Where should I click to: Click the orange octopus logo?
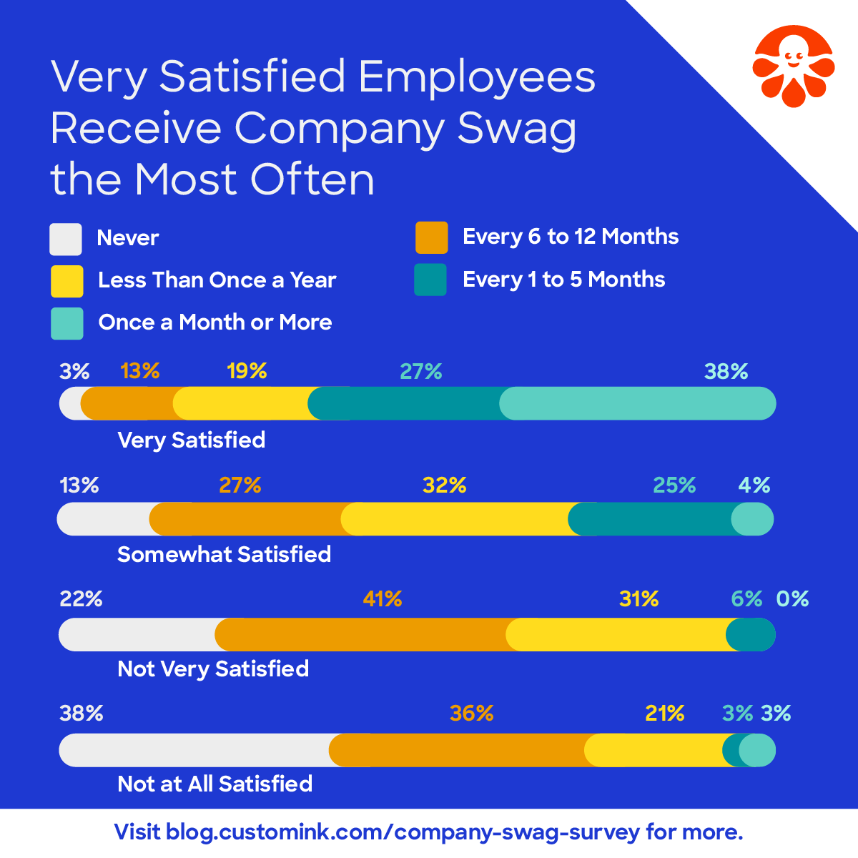tap(792, 66)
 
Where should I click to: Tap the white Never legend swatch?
tap(65, 239)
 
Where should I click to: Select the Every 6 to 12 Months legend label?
tap(571, 237)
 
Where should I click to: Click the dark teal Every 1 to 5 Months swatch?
tap(430, 280)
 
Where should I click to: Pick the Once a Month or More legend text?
tap(215, 322)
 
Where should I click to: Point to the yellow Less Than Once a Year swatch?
tap(66, 281)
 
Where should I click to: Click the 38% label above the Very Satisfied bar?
tap(726, 372)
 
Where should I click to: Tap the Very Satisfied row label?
tap(192, 440)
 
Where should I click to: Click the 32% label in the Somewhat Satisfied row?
tap(444, 486)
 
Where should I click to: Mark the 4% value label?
tap(754, 486)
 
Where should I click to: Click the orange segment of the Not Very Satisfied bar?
tap(361, 635)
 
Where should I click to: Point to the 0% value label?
tap(792, 599)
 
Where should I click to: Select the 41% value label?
tap(383, 599)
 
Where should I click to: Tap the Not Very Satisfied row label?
tap(213, 669)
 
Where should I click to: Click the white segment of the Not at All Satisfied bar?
tap(193, 750)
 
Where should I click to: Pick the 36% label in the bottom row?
tap(471, 714)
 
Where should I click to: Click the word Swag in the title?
tap(516, 129)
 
